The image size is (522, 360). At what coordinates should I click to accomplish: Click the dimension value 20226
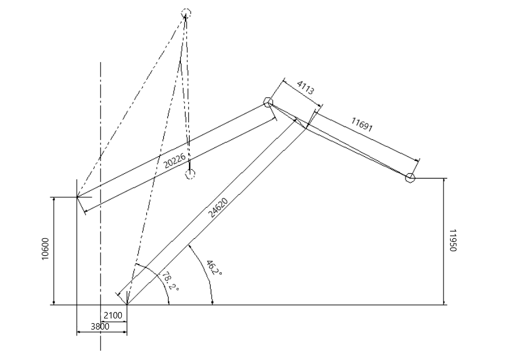coord(175,161)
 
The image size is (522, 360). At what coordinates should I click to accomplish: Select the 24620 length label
coord(219,208)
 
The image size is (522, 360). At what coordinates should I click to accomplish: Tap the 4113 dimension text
coord(305,87)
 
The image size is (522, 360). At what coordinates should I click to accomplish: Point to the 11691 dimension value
coord(362,125)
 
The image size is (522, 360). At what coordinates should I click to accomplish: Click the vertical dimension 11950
coord(452,241)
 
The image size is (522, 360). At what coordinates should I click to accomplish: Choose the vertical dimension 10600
coord(45,249)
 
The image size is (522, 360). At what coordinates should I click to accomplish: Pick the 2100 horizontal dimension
coord(113,315)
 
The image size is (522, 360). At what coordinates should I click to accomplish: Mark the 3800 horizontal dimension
coord(100,327)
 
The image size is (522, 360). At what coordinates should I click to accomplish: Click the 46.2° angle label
coord(214,268)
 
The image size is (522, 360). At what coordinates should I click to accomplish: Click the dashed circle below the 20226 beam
coord(190,173)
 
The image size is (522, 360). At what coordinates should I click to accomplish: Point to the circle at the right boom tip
coord(410,178)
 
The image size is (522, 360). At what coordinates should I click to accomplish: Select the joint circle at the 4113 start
coord(268,102)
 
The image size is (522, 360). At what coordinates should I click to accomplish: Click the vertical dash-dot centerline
coord(101,206)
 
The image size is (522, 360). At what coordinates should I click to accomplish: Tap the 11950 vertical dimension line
coord(444,241)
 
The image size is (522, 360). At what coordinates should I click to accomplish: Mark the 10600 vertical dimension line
coord(54,251)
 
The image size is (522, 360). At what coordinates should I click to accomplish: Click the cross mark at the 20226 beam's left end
coord(77,197)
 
